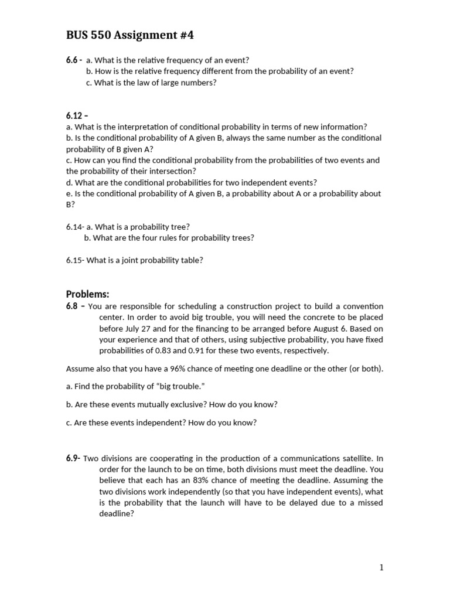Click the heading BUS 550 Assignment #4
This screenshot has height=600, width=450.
[x=129, y=36]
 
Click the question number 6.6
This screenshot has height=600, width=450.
[x=72, y=60]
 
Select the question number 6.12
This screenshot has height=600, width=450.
[x=74, y=116]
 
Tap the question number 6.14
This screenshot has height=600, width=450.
[x=74, y=227]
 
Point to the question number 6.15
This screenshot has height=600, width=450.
[x=74, y=260]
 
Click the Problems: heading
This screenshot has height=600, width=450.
[x=88, y=294]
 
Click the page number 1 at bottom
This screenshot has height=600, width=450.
[x=381, y=567]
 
